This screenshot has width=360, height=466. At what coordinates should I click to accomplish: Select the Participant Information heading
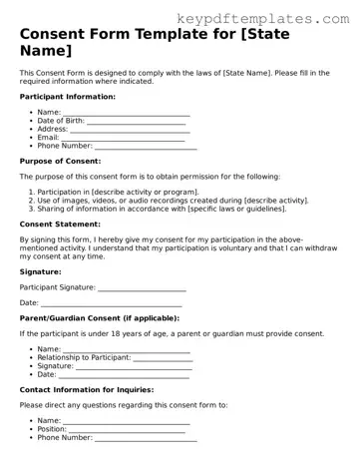67,96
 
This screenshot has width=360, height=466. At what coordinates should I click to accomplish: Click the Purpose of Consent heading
63,160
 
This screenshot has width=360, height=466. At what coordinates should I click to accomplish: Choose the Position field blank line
129,429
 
